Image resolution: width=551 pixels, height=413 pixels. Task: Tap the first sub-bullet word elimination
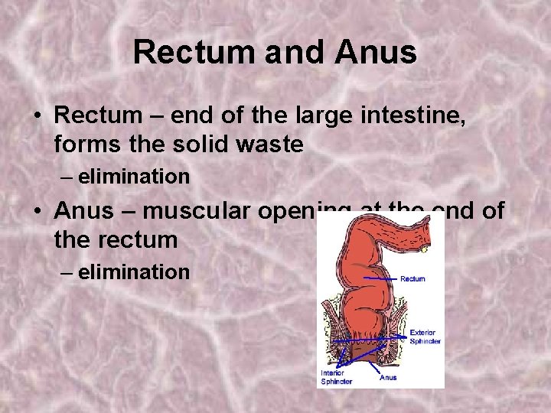[x=134, y=177]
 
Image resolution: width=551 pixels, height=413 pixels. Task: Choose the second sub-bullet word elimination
[x=134, y=272]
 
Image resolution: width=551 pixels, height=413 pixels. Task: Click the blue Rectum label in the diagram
[x=412, y=279]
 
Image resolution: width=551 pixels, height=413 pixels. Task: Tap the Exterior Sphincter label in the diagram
[x=425, y=337]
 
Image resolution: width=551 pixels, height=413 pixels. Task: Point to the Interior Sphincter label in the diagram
[x=337, y=376]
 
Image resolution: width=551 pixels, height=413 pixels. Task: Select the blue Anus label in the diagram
[x=388, y=377]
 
